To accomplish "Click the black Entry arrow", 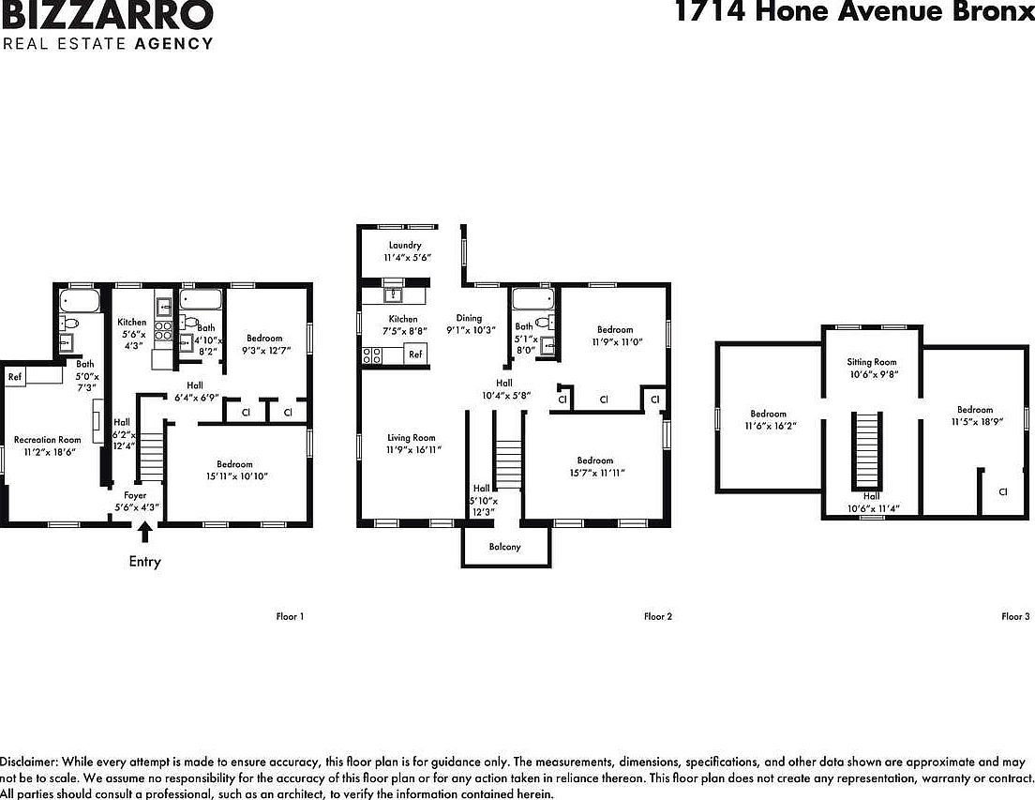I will (x=144, y=533).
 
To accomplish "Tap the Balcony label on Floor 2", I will (x=504, y=547).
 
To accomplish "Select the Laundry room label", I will (x=405, y=246).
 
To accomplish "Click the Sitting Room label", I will (x=872, y=362).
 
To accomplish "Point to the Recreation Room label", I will (x=47, y=439).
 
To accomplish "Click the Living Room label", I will (x=412, y=438).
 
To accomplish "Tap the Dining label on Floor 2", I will (x=469, y=318).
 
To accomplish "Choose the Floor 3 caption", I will (x=1015, y=616).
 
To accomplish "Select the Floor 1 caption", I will (x=290, y=616).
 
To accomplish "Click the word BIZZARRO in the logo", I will (x=108, y=16).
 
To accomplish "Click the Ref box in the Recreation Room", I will (x=15, y=377).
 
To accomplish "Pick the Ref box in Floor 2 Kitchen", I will (x=415, y=355).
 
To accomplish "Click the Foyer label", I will (x=136, y=495).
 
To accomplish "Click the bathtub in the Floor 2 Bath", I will (x=533, y=300).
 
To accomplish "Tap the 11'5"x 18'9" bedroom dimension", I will (x=975, y=422).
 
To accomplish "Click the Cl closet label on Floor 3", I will (x=1002, y=491).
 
